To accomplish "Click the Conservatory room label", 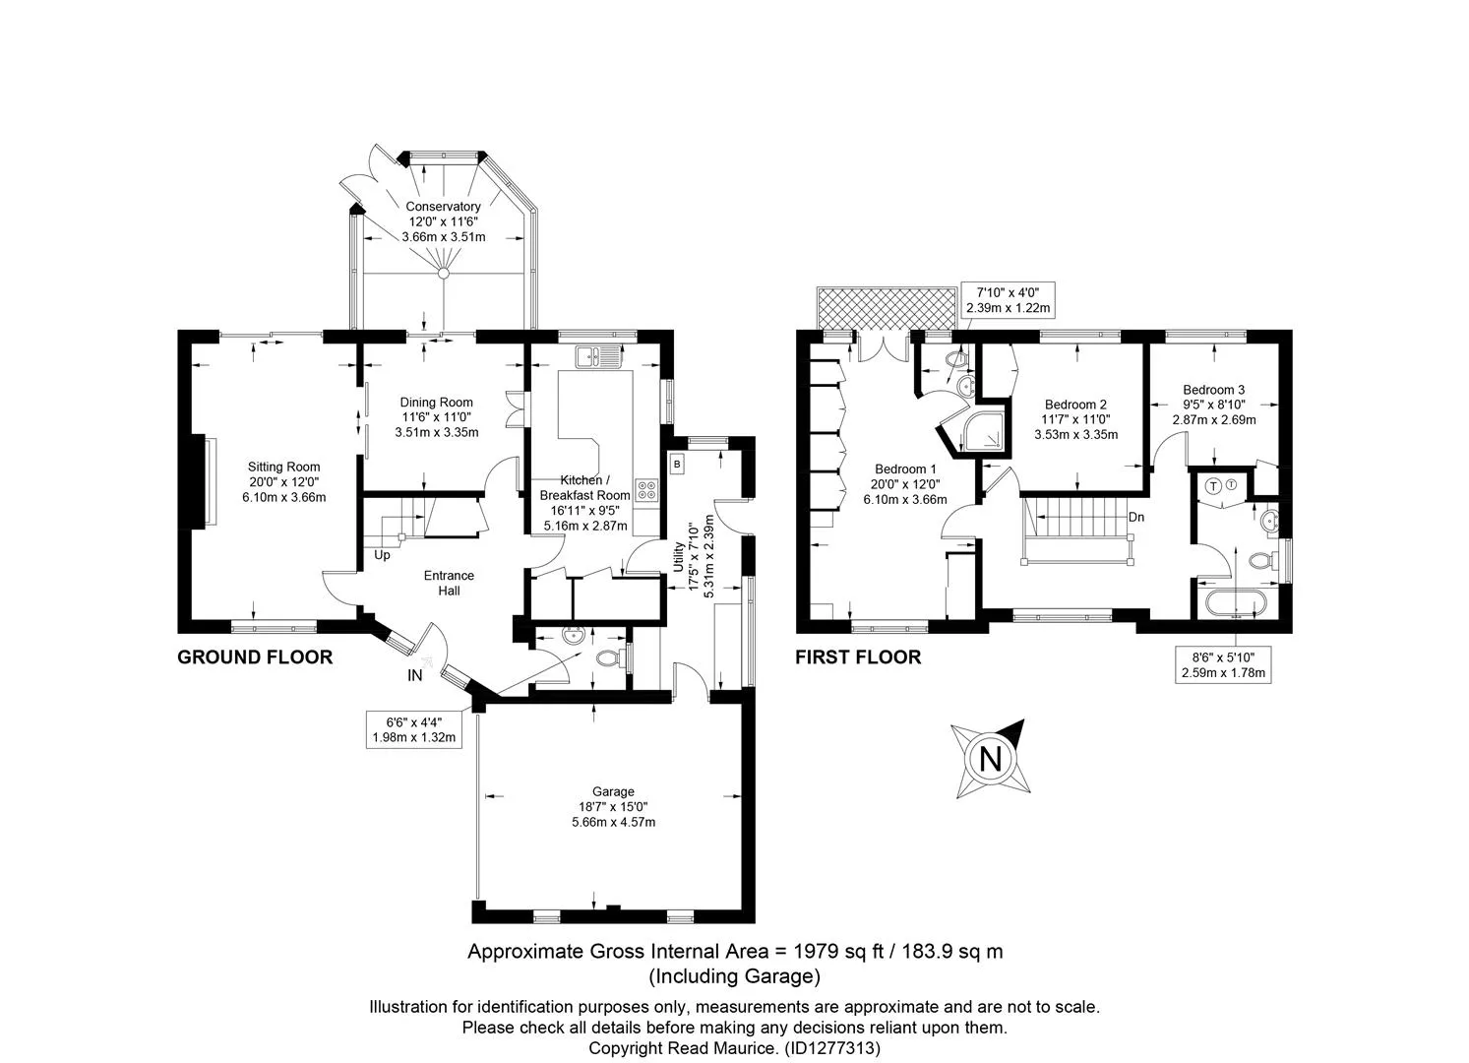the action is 444,207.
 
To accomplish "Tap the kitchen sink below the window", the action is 599,357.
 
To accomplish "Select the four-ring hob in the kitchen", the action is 647,491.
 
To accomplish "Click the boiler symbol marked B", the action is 678,465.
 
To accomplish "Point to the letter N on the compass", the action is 990,759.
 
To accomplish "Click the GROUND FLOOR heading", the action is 255,657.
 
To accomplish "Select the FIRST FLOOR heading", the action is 858,657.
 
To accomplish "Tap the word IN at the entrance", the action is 414,675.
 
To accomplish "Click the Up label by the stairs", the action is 382,555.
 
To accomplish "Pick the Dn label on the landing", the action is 1136,517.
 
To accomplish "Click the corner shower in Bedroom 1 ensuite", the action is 984,432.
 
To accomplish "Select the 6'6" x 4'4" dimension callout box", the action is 414,729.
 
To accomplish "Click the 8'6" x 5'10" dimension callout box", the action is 1223,664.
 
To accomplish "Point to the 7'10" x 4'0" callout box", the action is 1008,300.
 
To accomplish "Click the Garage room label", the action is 613,792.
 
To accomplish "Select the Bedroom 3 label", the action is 1214,390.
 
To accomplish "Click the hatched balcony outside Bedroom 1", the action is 887,308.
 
